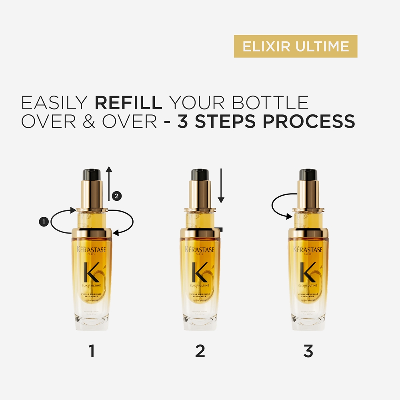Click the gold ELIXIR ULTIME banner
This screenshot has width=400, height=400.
295,46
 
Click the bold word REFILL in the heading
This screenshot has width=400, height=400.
128,103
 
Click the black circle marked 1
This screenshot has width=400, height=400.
44,221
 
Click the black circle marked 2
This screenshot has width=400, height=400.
116,196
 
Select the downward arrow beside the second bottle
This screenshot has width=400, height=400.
222,186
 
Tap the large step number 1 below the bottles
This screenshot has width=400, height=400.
92,351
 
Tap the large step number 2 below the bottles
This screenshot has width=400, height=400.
200,351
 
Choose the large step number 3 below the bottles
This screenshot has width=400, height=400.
308,351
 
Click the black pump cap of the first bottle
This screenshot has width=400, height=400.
92,175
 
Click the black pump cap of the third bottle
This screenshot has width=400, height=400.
308,175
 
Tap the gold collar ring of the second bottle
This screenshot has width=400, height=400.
200,233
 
